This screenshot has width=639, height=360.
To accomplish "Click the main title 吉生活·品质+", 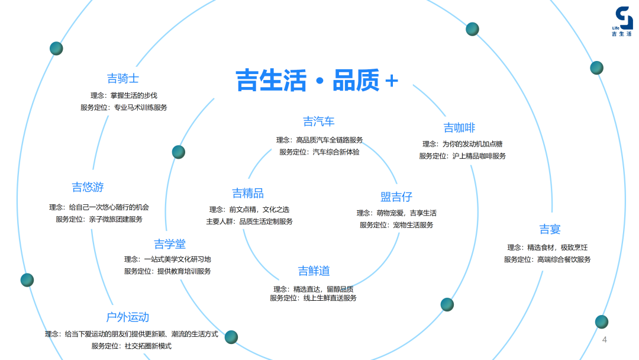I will (317, 81).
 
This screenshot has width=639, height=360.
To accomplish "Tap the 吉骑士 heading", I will (123, 79).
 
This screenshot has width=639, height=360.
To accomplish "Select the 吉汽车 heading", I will (319, 122).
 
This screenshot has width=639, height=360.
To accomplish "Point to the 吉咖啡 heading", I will (460, 128).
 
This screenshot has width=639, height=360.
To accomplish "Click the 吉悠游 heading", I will (88, 188).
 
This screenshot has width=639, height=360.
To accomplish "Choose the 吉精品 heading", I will (248, 194).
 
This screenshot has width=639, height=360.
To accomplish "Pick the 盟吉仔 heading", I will (396, 197).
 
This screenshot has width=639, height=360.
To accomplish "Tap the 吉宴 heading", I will (550, 230).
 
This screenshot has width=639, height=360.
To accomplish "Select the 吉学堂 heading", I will (170, 244).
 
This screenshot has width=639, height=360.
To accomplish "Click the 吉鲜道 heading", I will (314, 271).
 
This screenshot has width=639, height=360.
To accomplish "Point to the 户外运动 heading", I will (128, 317).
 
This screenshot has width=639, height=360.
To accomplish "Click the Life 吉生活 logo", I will (622, 22).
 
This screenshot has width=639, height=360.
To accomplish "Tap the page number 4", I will (605, 340).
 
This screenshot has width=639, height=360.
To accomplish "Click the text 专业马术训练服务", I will (141, 108).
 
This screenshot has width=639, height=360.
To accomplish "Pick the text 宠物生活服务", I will (413, 225).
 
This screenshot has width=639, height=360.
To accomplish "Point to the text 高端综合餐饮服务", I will (564, 259).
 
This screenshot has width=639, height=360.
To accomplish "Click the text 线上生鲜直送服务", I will (330, 298).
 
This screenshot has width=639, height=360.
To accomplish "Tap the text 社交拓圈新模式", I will (148, 346).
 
